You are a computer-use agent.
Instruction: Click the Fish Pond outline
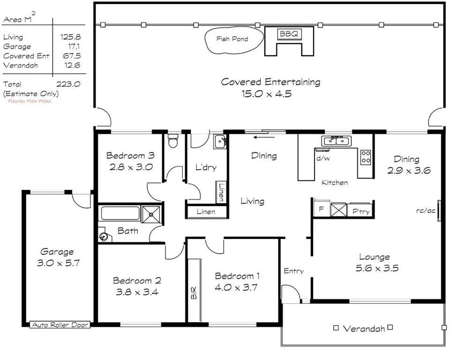click(233, 39)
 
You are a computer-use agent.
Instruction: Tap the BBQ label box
click(289, 34)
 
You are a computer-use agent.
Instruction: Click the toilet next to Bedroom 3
click(173, 141)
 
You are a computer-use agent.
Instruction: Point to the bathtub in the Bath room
click(120, 214)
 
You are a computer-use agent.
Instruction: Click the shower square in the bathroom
click(151, 214)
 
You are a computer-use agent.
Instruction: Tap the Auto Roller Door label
click(60, 324)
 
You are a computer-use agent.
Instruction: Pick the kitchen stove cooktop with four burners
click(366, 157)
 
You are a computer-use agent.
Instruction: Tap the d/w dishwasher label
click(324, 158)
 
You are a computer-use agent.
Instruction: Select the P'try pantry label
click(361, 211)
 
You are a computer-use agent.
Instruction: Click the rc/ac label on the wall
click(426, 210)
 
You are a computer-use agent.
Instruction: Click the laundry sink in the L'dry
click(220, 142)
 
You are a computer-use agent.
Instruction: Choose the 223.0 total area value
click(68, 84)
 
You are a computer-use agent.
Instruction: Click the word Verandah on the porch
click(364, 329)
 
